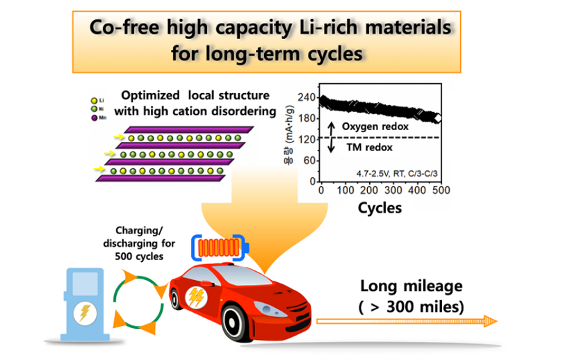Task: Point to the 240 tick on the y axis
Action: coord(306,99)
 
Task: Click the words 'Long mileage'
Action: coord(412,286)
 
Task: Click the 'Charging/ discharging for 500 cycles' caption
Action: coord(140,244)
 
